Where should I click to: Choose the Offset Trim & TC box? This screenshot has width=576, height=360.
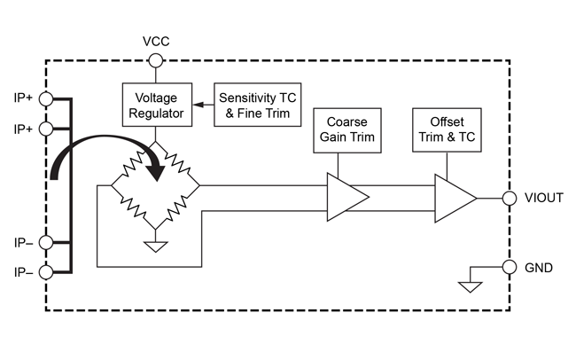pyautogui.click(x=447, y=130)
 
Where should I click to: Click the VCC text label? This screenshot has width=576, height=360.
pyautogui.click(x=155, y=42)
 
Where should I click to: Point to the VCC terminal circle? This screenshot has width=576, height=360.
pyautogui.click(x=155, y=60)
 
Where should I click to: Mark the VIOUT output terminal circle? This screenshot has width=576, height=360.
pyautogui.click(x=510, y=198)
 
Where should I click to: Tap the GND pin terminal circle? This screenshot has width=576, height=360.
pyautogui.click(x=510, y=267)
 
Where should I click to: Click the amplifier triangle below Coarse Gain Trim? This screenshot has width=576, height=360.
pyautogui.click(x=346, y=195)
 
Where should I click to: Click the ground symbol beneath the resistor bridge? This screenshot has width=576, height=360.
pyautogui.click(x=155, y=246)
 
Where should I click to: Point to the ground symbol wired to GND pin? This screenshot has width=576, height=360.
pyautogui.click(x=470, y=286)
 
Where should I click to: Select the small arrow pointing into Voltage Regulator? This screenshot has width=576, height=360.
pyautogui.click(x=198, y=106)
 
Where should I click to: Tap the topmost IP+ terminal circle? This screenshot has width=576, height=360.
pyautogui.click(x=46, y=98)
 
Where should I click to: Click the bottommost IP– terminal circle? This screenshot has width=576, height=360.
pyautogui.click(x=46, y=272)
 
